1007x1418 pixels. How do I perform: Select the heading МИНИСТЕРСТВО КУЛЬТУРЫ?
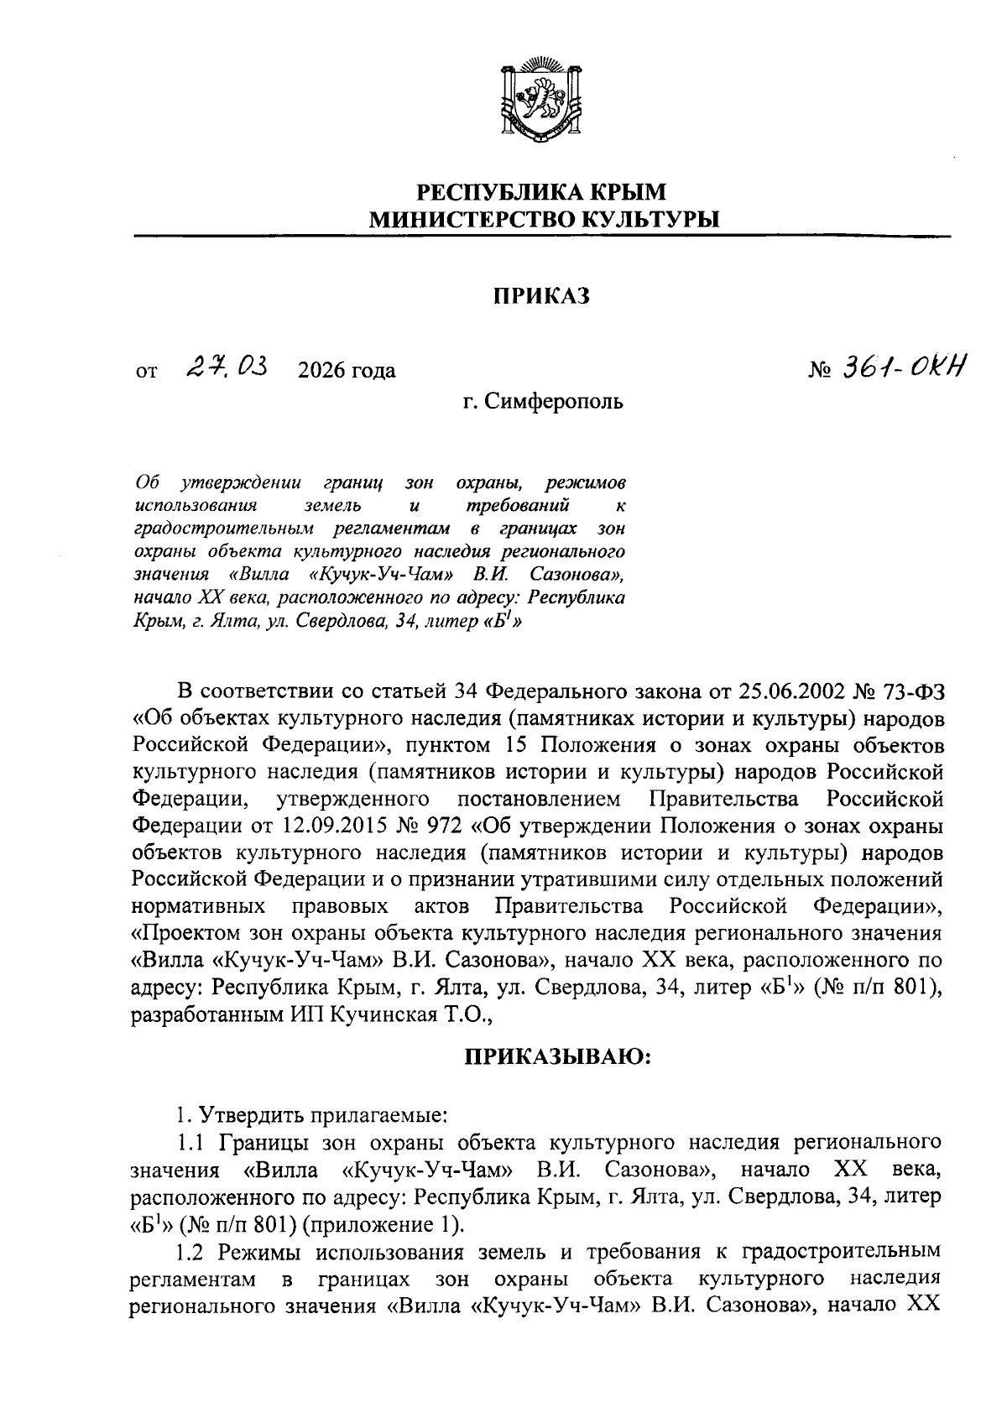[545, 220]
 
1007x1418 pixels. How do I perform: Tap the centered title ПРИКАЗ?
[541, 295]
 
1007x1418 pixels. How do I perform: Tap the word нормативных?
[199, 906]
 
